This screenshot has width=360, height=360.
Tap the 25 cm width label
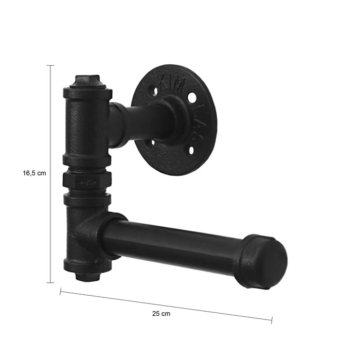click(161, 313)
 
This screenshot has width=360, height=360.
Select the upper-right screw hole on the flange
click(191, 97)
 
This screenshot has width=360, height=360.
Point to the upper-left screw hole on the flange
click(153, 91)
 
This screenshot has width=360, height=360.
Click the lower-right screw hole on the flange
click(190, 150)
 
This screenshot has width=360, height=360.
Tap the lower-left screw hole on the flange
click(152, 142)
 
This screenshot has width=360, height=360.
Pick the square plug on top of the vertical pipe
click(87, 81)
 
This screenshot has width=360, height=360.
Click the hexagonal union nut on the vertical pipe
click(87, 181)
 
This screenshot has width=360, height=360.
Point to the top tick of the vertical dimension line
click(50, 66)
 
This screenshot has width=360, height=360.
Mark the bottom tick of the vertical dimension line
click(50, 282)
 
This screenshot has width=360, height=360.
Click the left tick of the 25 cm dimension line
click(60, 292)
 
